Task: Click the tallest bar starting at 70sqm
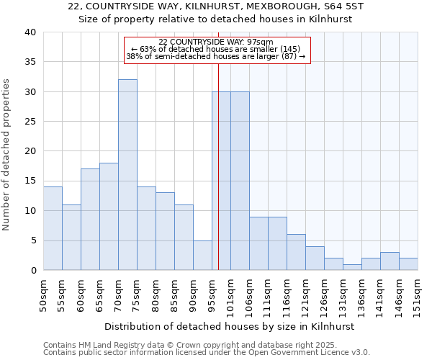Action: point(127,175)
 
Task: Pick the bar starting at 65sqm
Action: point(109,216)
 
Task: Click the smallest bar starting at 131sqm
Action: point(352,267)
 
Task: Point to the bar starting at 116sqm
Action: point(296,252)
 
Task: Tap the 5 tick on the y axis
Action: point(32,240)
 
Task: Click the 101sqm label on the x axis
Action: point(230,295)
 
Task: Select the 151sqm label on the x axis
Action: point(418,295)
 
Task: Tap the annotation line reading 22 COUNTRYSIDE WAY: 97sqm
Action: point(216,42)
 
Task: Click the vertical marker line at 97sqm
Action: point(218,166)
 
